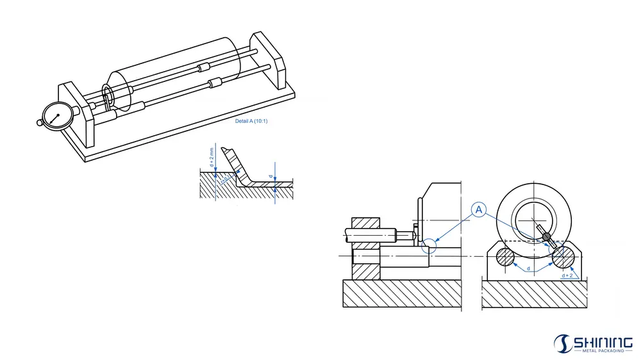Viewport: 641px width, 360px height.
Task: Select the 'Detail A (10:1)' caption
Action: tap(251, 121)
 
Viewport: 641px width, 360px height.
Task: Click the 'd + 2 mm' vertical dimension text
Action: tap(212, 157)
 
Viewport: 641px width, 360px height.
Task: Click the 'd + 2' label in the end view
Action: tap(567, 275)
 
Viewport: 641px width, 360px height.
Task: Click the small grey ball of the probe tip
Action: tap(546, 238)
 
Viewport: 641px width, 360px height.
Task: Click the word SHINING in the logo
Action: tap(603, 341)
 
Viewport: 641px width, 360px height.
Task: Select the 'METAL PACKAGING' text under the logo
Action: tap(603, 351)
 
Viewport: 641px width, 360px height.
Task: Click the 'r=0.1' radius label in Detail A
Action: tap(226, 181)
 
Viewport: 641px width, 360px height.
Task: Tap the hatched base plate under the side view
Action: tap(403, 295)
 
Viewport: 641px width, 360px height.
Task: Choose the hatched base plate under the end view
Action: tap(534, 295)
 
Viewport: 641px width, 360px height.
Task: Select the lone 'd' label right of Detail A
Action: tap(271, 177)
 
